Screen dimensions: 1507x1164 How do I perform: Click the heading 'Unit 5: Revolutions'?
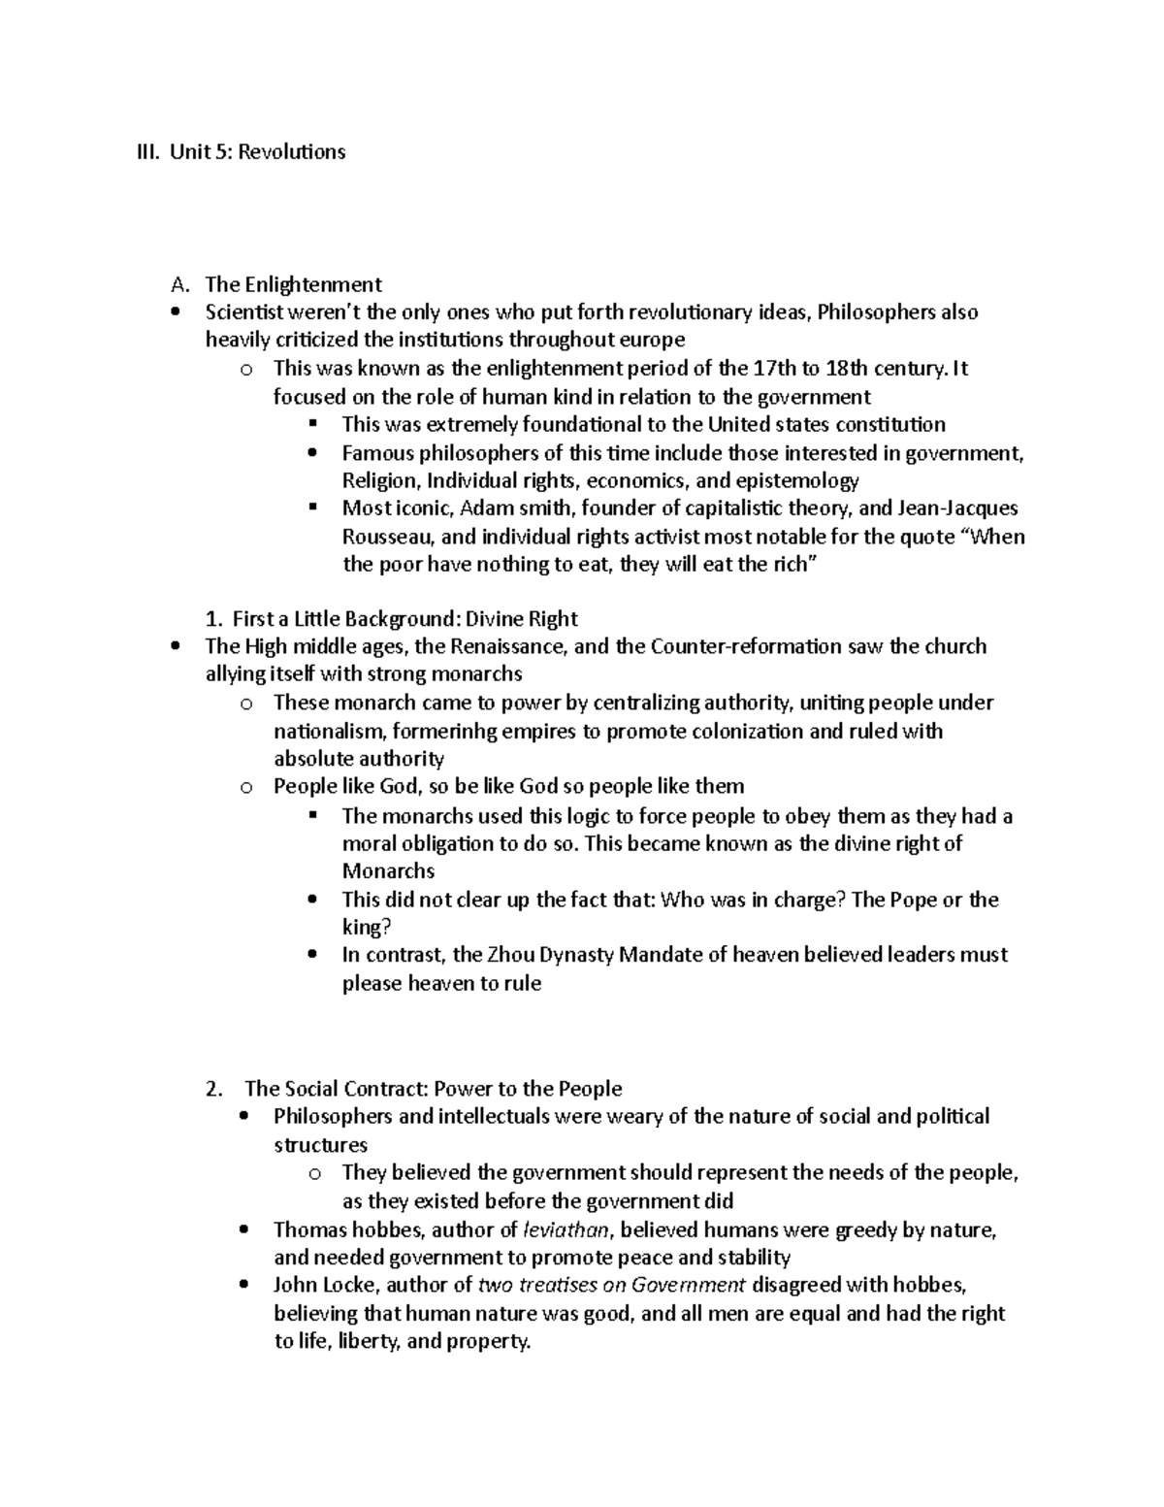click(257, 151)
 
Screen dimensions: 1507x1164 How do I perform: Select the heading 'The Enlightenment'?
click(293, 284)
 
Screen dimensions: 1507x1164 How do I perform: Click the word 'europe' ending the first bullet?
click(653, 341)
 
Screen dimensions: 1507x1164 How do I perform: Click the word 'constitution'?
click(890, 424)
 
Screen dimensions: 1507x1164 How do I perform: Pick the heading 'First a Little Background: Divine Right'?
click(391, 619)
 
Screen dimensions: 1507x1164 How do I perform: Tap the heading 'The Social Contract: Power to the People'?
click(433, 1089)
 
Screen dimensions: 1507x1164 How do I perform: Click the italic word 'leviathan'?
click(566, 1230)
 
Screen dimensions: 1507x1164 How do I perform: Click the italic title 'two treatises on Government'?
click(612, 1286)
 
